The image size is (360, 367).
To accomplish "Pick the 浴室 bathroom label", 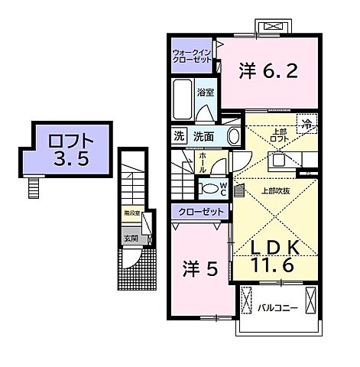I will pos(205,93).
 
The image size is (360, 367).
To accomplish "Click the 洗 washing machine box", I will pos(177,137).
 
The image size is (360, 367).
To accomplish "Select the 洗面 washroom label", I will pos(203,137).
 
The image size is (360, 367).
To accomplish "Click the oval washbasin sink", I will pos(235,137).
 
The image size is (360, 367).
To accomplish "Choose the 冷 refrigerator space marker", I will pos(306,124).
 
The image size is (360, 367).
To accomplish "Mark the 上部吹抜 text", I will pos(274,190).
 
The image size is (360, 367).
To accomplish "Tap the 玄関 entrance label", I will pos(131,238).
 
